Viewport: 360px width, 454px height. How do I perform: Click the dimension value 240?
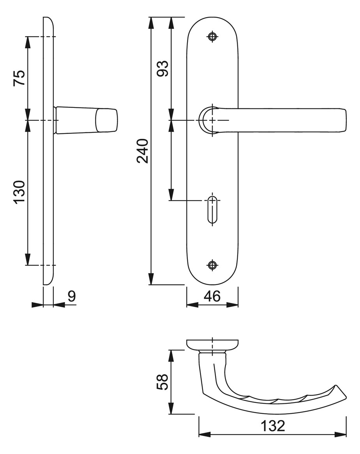click(143, 151)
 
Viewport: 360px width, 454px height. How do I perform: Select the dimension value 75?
click(19, 78)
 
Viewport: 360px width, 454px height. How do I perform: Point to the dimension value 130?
click(19, 192)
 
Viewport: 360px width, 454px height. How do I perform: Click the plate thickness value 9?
click(72, 296)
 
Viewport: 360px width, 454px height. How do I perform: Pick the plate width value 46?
click(212, 296)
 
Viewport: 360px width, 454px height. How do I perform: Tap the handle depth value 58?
click(162, 382)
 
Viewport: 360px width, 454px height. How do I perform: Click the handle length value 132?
click(273, 426)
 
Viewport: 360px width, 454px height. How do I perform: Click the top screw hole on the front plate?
click(213, 37)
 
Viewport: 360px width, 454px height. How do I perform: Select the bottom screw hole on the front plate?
click(213, 265)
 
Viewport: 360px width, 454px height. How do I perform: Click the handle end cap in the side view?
click(106, 120)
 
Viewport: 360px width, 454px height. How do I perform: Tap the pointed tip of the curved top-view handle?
click(346, 398)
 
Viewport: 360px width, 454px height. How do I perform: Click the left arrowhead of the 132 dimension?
click(205, 434)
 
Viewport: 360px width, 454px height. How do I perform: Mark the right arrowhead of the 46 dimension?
click(232, 304)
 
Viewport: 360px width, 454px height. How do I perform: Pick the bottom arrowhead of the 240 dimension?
click(151, 279)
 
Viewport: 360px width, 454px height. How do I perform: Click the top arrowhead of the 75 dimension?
click(28, 42)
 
